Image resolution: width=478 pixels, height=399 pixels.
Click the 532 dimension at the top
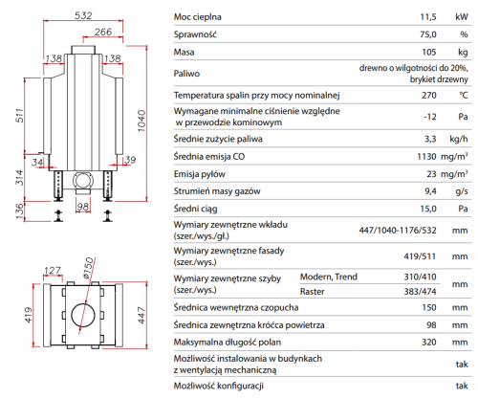[83, 15]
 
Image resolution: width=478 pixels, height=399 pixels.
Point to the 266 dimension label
[103, 32]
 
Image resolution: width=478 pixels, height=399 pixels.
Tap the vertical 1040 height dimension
[141, 121]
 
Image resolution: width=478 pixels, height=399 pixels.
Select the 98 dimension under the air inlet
[83, 207]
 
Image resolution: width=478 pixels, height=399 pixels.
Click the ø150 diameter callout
[88, 268]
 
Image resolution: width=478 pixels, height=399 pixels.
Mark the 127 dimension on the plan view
[53, 271]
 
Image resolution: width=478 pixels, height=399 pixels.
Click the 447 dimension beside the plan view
[141, 316]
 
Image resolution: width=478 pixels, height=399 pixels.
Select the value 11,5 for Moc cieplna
[428, 17]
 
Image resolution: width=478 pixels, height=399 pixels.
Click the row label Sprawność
[195, 34]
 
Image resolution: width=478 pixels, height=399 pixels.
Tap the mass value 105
[429, 52]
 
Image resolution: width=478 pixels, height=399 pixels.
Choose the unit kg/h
[459, 139]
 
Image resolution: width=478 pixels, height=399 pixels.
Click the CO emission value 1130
[426, 156]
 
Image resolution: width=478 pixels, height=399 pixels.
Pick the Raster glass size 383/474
[420, 291]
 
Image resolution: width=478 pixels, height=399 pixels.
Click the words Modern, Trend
[329, 277]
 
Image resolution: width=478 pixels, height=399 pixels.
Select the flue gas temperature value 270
[429, 95]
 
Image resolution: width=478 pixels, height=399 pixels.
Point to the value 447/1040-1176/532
[398, 230]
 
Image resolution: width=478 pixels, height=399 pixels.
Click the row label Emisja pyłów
[199, 174]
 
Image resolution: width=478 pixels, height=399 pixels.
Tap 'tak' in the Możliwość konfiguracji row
[462, 386]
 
